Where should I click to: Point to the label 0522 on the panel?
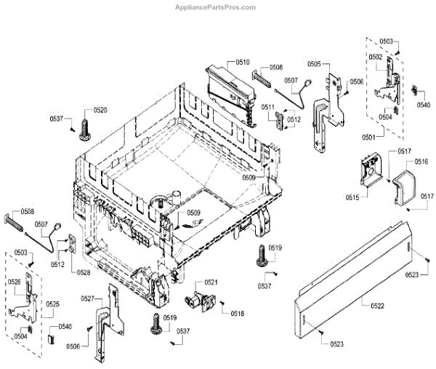pyautogui.click(x=376, y=306)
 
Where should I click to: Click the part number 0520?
pyautogui.click(x=99, y=110)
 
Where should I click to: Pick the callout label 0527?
pyautogui.click(x=88, y=298)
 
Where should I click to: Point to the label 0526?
pyautogui.click(x=14, y=282)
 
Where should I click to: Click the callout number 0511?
pyautogui.click(x=267, y=108)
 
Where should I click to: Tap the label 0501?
pyautogui.click(x=371, y=136)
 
